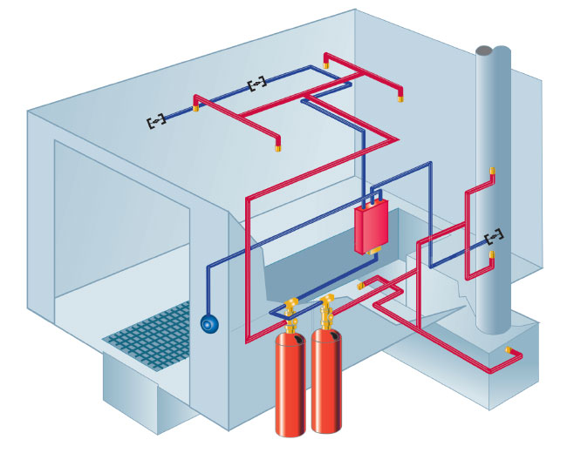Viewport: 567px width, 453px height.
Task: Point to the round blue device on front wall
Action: click(x=208, y=323)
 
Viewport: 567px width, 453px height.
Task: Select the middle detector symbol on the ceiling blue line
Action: click(x=257, y=85)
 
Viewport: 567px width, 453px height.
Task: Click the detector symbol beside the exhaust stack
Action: click(x=494, y=236)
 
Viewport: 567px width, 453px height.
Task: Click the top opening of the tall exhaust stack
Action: click(x=494, y=50)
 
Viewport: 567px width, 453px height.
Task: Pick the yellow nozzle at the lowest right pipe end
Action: click(x=509, y=350)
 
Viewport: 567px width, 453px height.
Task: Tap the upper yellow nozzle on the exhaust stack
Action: click(x=492, y=171)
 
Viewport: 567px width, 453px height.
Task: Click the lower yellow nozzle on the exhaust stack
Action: click(x=492, y=254)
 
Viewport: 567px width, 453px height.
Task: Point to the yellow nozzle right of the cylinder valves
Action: click(x=359, y=284)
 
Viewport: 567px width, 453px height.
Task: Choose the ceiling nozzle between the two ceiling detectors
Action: click(x=196, y=109)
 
